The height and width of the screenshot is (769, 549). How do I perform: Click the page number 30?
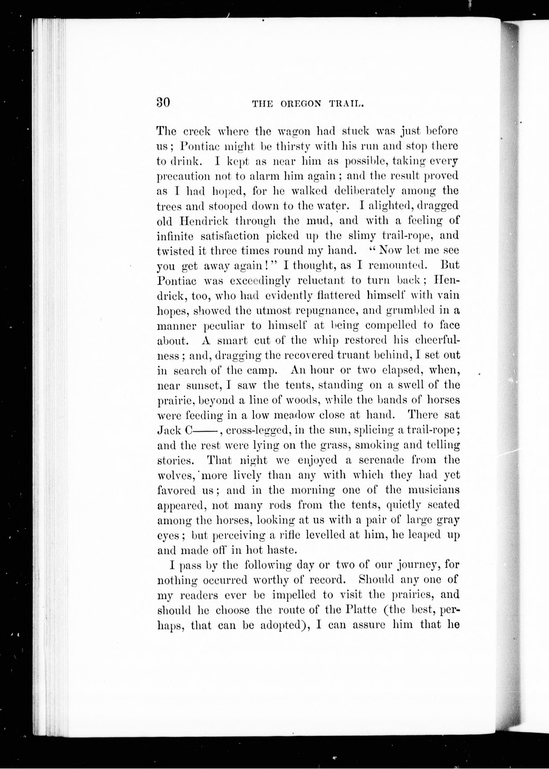163,102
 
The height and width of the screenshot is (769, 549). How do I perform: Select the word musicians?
434,490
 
